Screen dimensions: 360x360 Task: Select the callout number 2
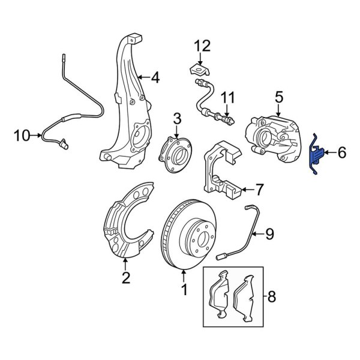pyautogui.click(x=125, y=277)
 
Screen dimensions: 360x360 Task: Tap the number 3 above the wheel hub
pyautogui.click(x=177, y=118)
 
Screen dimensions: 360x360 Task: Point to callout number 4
pyautogui.click(x=155, y=77)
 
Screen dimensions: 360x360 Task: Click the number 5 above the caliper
pyautogui.click(x=278, y=96)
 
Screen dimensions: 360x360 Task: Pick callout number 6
pyautogui.click(x=341, y=153)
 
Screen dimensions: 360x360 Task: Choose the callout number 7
pyautogui.click(x=259, y=191)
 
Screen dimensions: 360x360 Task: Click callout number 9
pyautogui.click(x=269, y=233)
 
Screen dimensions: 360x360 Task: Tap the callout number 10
pyautogui.click(x=21, y=136)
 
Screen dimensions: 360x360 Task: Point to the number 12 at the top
pyautogui.click(x=202, y=46)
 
